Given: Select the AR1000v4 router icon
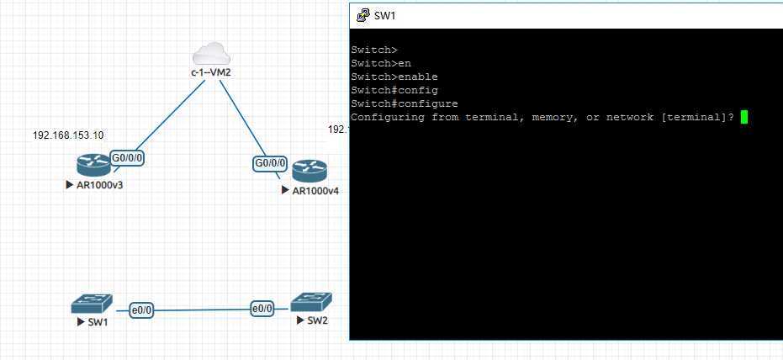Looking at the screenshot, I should (309, 172).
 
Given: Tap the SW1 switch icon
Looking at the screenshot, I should (89, 304).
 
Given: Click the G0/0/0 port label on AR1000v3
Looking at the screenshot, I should (127, 157).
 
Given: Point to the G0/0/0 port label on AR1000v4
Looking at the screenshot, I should (270, 163).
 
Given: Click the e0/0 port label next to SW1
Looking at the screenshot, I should (142, 310).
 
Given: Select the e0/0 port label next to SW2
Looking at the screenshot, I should (262, 309).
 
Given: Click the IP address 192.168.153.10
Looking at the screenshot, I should (68, 135).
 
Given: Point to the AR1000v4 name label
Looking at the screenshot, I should (315, 191).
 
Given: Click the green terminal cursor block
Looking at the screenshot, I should (743, 117).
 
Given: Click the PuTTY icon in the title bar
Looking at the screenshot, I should (362, 15).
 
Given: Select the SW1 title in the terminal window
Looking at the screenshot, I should (384, 15).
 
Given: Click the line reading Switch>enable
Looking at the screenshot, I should (394, 77).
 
